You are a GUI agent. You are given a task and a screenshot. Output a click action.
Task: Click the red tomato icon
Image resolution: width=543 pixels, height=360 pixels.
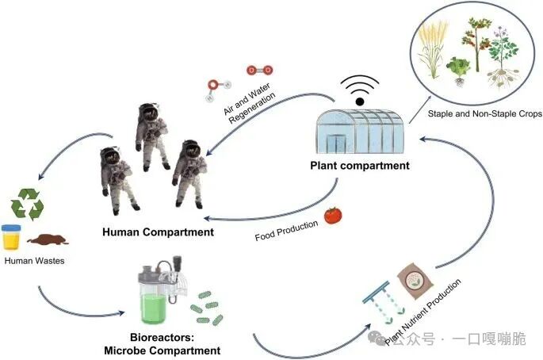pos(333,216)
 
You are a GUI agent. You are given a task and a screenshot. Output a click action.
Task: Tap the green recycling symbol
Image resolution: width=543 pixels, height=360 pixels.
pos(28,204)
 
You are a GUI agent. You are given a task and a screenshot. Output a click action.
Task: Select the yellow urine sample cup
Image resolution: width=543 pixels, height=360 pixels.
pos(11,237)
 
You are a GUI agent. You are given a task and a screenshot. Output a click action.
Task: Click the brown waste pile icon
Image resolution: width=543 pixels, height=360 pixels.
pos(48,239)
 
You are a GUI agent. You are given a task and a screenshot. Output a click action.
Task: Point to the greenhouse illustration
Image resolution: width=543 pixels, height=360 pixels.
pos(360,132)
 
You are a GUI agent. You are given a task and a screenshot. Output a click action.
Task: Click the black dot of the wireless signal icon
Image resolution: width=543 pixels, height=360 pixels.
pos(360,101)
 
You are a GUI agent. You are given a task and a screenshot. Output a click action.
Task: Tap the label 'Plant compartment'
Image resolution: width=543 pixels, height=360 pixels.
pos(360,166)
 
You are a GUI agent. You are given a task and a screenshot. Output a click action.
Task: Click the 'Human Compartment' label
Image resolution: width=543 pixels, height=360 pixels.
pos(158,232)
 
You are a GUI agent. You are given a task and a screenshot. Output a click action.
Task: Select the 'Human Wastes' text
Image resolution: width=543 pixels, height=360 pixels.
pos(34,261)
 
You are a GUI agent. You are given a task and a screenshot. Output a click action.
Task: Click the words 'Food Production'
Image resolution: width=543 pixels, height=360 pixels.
pos(286,231)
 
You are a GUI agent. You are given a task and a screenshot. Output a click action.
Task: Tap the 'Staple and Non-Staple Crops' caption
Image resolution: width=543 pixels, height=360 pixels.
pos(485,113)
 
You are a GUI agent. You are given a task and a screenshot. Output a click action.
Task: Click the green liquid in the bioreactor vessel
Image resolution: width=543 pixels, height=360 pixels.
pos(153,308)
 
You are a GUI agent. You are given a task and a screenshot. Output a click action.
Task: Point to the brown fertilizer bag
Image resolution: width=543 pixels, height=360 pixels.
pos(415,280)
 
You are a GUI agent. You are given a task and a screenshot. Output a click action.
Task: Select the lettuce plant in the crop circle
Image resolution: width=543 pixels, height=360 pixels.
pos(458,69)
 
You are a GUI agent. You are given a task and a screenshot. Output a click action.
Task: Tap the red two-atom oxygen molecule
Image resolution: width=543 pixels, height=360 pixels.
pos(260,71)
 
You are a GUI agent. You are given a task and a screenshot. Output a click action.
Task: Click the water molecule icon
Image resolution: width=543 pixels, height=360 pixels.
pos(217,90)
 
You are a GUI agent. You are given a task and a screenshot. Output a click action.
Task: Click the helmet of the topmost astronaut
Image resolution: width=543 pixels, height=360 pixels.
pos(149,112)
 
